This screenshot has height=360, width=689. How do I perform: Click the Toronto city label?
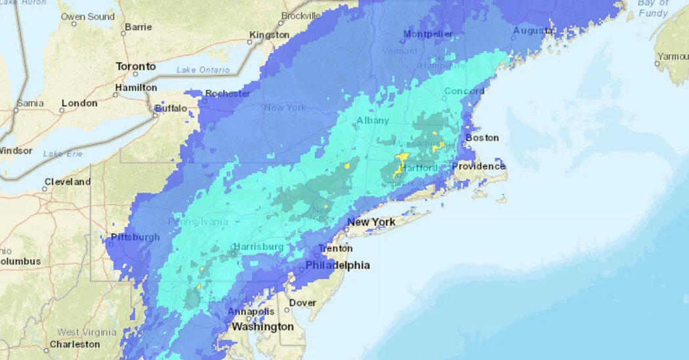point(136,66)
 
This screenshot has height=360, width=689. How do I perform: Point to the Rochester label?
point(228,94)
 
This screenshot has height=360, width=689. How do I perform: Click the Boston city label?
point(482,138)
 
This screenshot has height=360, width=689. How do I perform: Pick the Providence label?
point(479,166)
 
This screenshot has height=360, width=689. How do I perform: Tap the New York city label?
point(371,222)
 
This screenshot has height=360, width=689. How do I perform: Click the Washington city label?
point(262,327)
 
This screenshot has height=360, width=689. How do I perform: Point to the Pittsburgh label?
point(135,237)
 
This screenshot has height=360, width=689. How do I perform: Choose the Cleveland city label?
point(68,182)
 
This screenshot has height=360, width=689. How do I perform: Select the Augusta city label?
point(533,31)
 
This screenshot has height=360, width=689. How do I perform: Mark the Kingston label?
point(269,35)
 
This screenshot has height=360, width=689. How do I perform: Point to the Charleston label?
point(75,344)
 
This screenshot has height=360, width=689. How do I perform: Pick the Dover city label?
point(303,303)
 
